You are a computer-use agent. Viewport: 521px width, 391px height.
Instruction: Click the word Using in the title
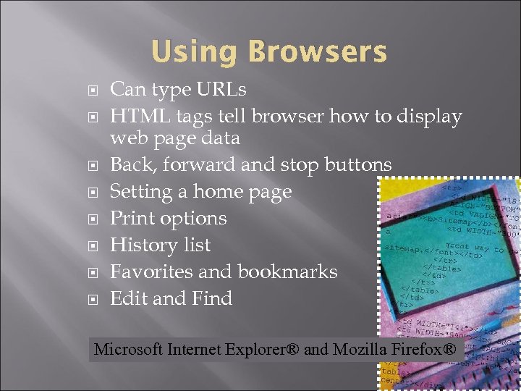195,52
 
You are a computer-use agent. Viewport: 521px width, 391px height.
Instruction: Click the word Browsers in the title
317,52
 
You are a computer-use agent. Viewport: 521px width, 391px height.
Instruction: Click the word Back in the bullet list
133,165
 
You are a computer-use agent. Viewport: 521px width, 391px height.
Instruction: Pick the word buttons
355,165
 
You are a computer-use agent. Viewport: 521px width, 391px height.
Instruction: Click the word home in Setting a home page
217,192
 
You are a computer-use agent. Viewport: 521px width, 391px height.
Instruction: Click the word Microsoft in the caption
129,350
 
